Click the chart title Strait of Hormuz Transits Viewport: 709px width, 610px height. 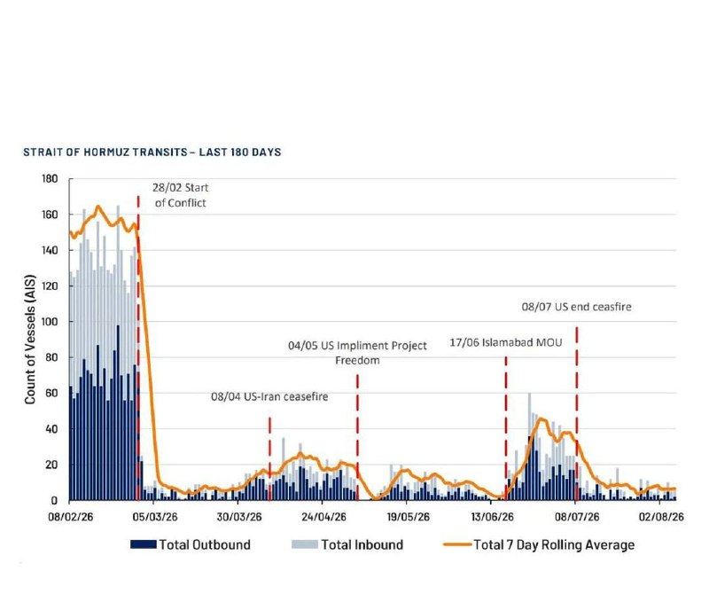tap(152, 152)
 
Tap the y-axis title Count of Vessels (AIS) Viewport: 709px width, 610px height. tap(30, 340)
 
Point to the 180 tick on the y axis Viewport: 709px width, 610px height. tap(50, 179)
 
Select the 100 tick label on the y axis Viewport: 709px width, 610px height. tap(50, 322)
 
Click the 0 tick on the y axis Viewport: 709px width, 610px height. tap(54, 500)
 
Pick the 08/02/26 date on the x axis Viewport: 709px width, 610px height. tap(71, 517)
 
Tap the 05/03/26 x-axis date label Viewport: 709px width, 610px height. tap(154, 517)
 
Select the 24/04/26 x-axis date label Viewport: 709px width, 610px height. tap(323, 517)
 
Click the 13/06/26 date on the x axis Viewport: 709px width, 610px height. tap(493, 517)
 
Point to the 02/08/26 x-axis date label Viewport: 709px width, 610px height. tap(661, 517)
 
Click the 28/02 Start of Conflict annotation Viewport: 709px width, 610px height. tap(181, 195)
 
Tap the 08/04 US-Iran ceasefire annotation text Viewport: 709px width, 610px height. tap(269, 397)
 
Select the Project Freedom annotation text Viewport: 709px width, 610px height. tap(357, 353)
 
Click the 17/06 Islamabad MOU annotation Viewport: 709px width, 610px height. tap(506, 342)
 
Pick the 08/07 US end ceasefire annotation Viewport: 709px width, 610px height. tap(577, 307)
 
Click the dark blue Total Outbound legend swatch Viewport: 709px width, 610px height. tap(144, 544)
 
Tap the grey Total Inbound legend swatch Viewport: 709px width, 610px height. tap(305, 544)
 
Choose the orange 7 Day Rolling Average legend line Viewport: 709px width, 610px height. tap(457, 544)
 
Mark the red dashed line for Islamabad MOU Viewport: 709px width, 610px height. tap(506, 428)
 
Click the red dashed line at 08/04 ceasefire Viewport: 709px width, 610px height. tap(269, 459)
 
